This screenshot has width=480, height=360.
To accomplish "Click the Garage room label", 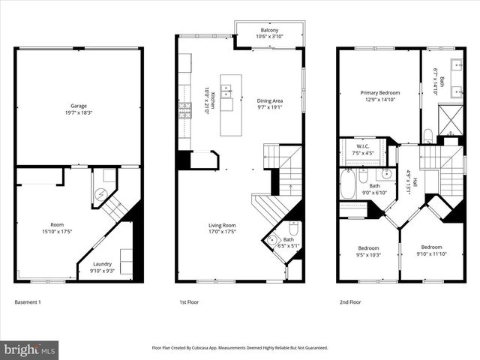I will [x=79, y=109].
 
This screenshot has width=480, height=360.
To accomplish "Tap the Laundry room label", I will [x=103, y=267].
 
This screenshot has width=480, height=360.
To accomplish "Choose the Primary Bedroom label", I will [x=379, y=95].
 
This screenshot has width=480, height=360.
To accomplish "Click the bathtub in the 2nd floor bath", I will [x=348, y=184].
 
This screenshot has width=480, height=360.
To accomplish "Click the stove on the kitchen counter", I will [x=184, y=111].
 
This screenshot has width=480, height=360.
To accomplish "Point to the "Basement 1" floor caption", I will [x=28, y=302].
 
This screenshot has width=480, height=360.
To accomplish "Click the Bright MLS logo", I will [x=30, y=349].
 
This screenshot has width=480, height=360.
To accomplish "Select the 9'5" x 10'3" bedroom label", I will [x=368, y=251].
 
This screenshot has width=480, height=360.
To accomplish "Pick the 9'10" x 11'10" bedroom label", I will [x=431, y=250].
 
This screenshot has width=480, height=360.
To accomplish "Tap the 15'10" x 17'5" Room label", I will [x=57, y=228].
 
